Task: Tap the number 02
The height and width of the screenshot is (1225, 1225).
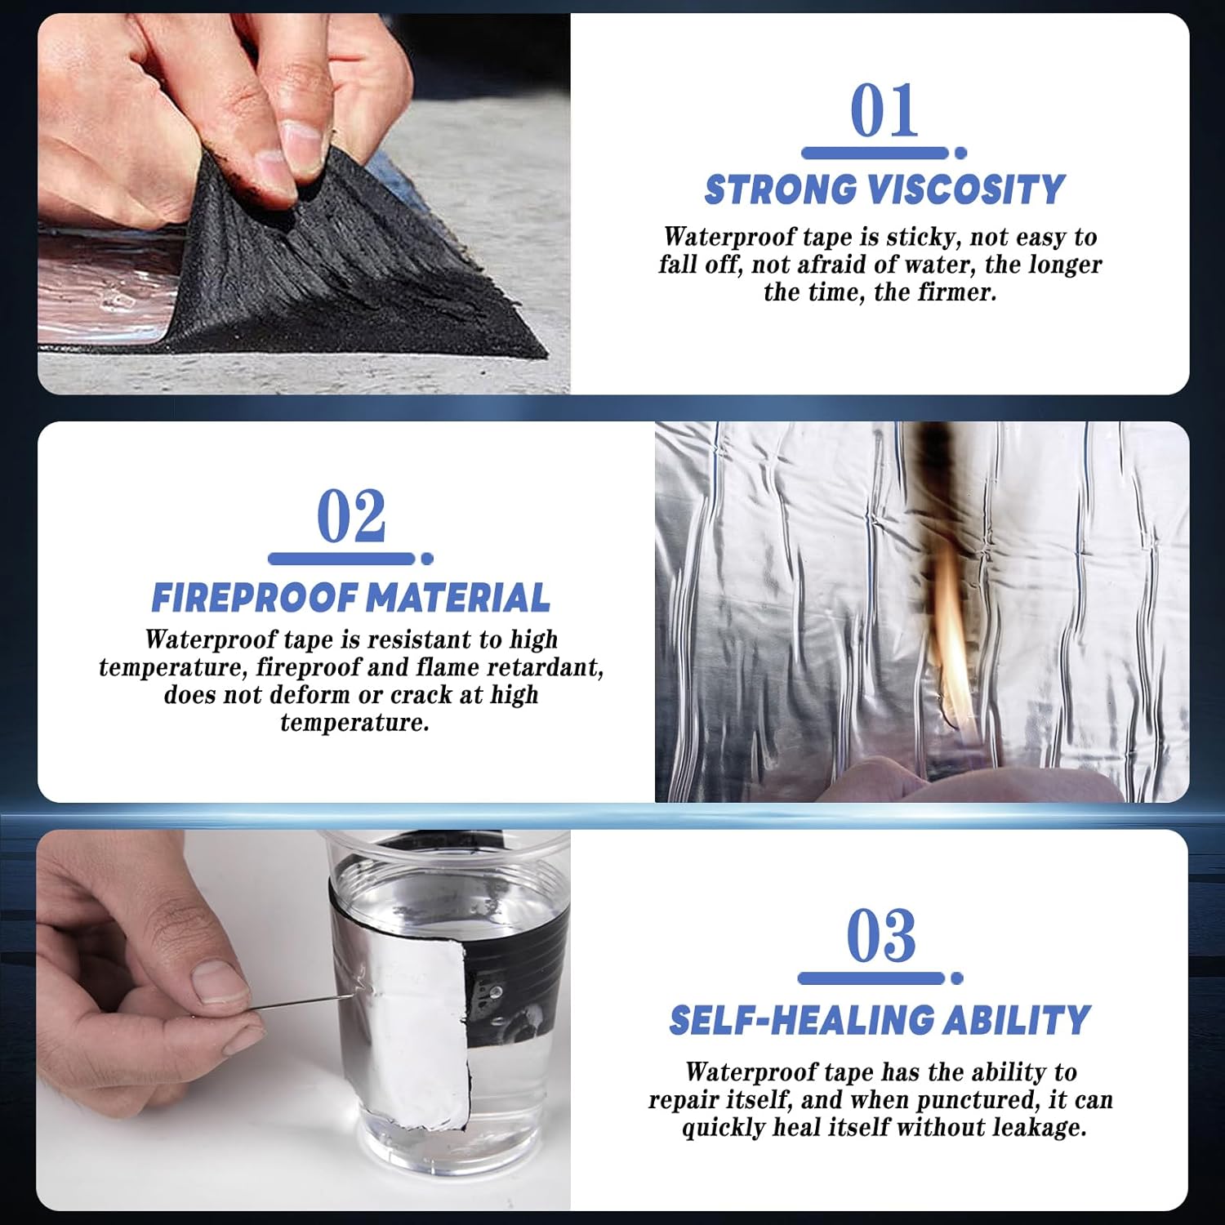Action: (351, 516)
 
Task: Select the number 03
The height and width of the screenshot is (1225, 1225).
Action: (881, 936)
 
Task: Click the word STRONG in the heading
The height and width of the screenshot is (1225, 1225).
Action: (780, 189)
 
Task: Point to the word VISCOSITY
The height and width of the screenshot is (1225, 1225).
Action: (967, 189)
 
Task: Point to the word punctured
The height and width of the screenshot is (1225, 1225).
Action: (978, 1101)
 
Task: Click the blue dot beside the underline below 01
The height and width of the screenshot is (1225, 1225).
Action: (960, 153)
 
